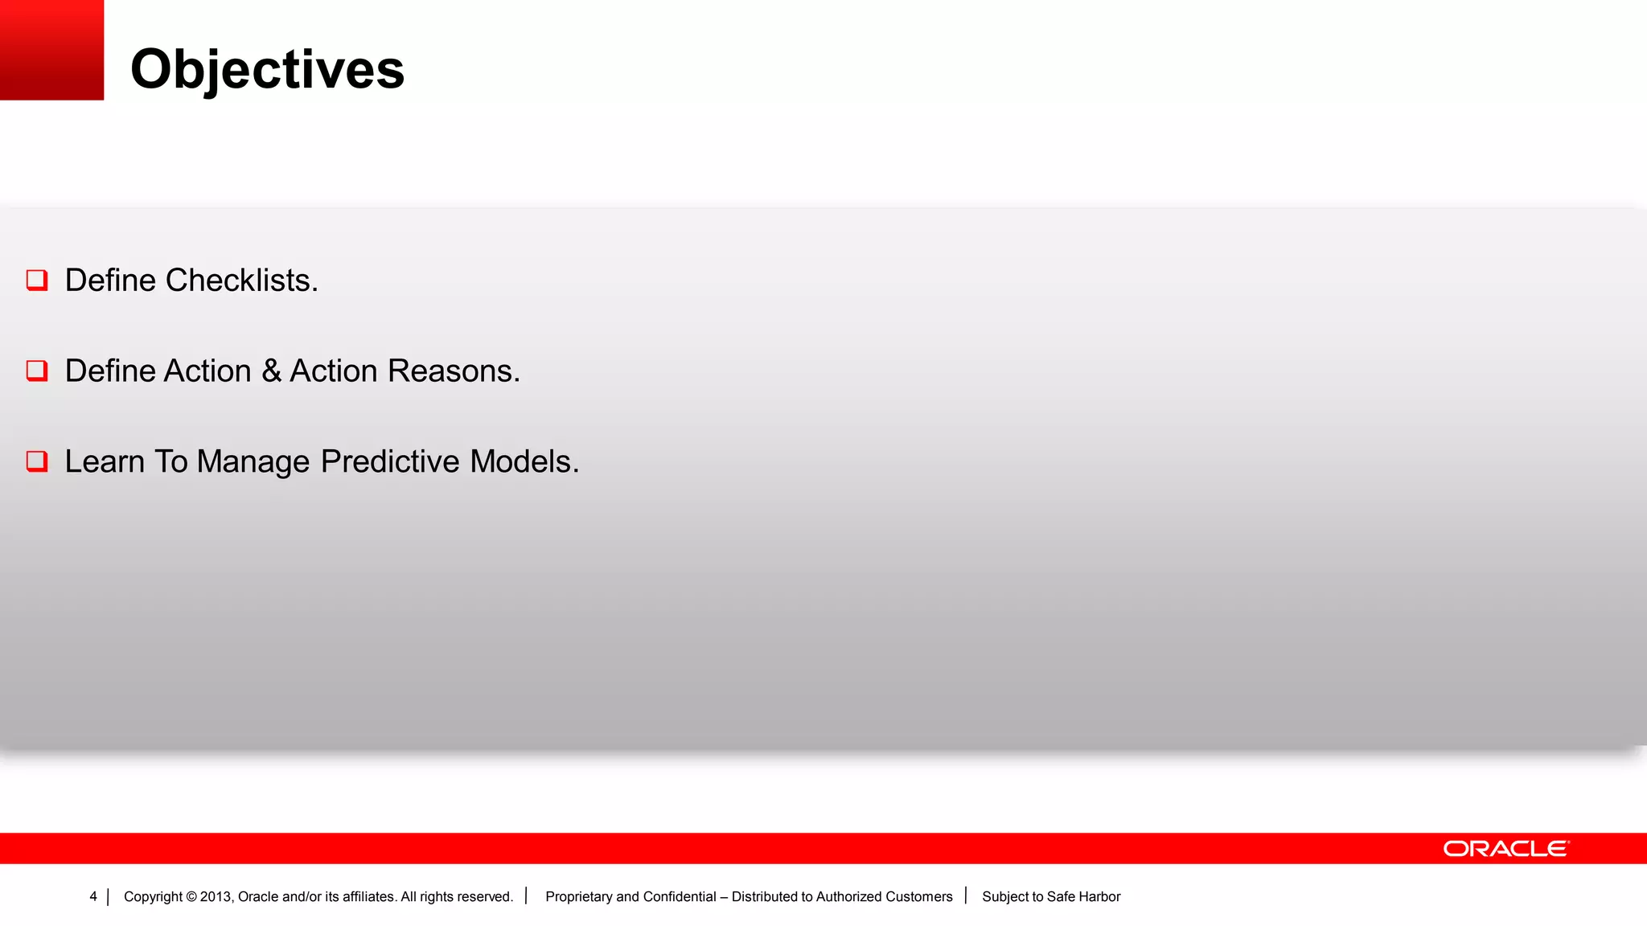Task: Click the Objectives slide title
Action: pos(267,69)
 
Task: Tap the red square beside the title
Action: pos(51,50)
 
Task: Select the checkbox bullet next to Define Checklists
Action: pos(37,280)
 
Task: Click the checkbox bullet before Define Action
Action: pos(37,371)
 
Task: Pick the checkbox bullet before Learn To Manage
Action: pos(37,461)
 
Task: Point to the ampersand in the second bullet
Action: pos(271,371)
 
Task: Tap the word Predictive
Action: pos(390,462)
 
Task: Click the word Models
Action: pos(524,462)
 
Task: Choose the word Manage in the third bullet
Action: pos(253,462)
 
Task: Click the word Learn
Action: pos(105,462)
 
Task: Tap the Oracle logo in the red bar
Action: pos(1505,849)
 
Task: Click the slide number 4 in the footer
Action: pos(93,896)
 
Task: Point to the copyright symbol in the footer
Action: pos(191,897)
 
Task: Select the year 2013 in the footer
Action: pos(216,897)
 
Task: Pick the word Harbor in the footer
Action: pos(1099,897)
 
